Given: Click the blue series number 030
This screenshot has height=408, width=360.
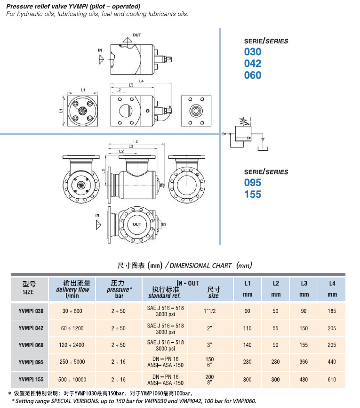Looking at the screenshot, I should pyautogui.click(x=252, y=52).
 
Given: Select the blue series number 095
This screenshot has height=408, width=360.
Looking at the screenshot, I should pyautogui.click(x=252, y=183).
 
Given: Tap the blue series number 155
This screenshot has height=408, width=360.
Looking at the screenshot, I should pyautogui.click(x=252, y=194).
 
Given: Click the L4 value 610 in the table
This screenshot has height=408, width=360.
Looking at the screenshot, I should pyautogui.click(x=332, y=380).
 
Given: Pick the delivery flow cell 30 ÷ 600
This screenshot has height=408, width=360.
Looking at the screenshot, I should pyautogui.click(x=72, y=311).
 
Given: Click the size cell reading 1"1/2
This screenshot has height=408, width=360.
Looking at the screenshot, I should pyautogui.click(x=213, y=311).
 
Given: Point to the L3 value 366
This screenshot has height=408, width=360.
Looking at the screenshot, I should pyautogui.click(x=304, y=362).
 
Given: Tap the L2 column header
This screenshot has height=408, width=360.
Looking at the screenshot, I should pyautogui.click(x=276, y=283).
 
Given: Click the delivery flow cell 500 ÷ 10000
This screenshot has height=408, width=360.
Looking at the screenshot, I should pyautogui.click(x=72, y=380).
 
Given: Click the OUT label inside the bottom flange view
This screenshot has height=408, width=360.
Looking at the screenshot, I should pyautogui.click(x=136, y=224).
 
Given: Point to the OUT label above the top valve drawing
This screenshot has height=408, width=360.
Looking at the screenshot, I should pyautogui.click(x=136, y=35).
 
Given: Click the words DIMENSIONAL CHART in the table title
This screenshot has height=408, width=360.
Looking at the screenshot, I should pyautogui.click(x=197, y=265).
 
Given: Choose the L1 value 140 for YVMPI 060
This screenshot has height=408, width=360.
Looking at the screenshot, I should pyautogui.click(x=247, y=345).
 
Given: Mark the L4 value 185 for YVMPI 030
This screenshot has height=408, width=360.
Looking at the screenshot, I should pyautogui.click(x=332, y=311).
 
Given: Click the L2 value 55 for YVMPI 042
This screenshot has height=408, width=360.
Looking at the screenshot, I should pyautogui.click(x=276, y=328).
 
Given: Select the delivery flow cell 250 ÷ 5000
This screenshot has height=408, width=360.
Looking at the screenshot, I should pyautogui.click(x=72, y=362).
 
